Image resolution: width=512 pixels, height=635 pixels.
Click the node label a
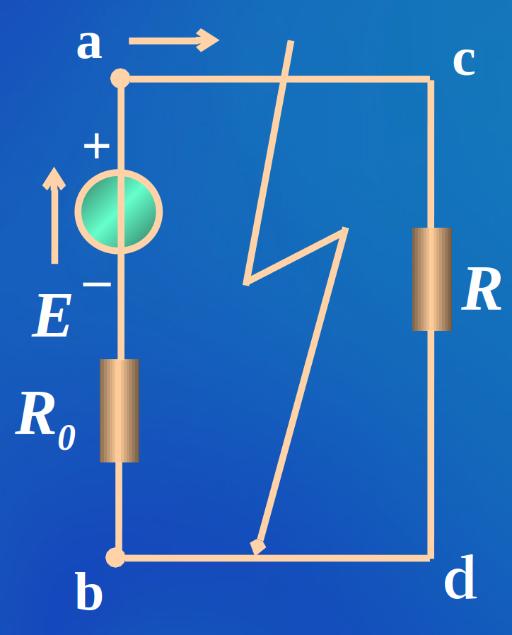89,45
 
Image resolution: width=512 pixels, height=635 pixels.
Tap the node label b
88,593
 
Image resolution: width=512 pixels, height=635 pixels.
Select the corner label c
463,62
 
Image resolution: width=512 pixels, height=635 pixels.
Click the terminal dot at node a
120,78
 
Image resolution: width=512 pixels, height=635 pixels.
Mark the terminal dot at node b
115,557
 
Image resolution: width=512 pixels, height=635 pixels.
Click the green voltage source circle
119,211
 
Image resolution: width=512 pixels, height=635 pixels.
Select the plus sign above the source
96,146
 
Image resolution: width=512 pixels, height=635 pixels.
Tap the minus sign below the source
97,284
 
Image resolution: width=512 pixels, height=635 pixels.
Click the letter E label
52,317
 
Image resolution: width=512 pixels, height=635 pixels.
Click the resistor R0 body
120,410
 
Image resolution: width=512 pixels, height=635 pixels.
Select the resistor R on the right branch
431,279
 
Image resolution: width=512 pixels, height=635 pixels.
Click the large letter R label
482,291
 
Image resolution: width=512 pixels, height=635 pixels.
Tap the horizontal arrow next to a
173,40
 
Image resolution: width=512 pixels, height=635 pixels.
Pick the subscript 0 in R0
66,438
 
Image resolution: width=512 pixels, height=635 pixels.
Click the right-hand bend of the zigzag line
344,230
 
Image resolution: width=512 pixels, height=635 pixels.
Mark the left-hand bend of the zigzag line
247,281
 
